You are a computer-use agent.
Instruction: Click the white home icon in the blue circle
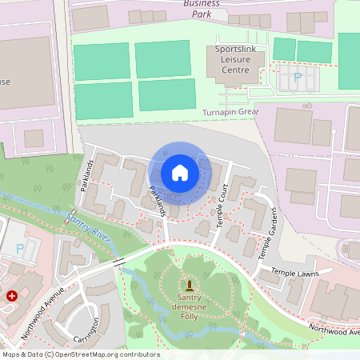click(x=180, y=172)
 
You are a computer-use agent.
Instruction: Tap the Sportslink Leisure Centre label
click(x=238, y=60)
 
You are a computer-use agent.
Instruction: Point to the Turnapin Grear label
click(x=231, y=113)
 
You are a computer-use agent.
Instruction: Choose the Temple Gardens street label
click(x=267, y=233)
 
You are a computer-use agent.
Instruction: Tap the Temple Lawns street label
click(x=295, y=274)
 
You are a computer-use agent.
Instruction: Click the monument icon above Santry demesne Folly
click(x=190, y=286)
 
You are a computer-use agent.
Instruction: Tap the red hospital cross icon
click(x=12, y=296)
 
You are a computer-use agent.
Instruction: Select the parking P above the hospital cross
click(x=19, y=249)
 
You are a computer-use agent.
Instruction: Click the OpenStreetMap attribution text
click(x=80, y=354)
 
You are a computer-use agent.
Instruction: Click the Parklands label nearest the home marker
click(x=157, y=202)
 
